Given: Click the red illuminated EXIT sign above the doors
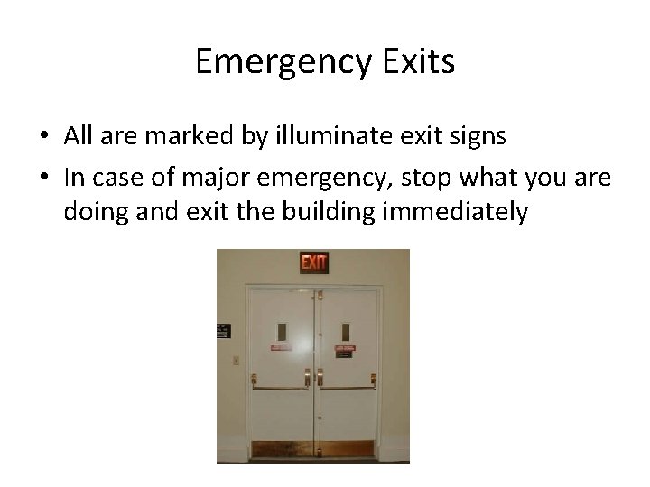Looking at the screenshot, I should click(x=314, y=262).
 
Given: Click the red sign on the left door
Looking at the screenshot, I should click(x=281, y=346).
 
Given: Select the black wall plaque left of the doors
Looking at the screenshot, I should click(x=220, y=331).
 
